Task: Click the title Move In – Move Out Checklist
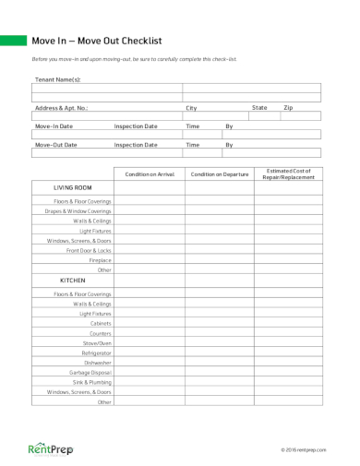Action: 97,41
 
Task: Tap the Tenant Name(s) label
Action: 57,79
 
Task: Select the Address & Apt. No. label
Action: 61,108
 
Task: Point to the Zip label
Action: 288,108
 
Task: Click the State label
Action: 259,108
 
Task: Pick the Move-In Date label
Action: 54,125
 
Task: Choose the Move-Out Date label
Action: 55,145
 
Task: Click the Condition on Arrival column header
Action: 150,173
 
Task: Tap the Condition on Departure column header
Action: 220,173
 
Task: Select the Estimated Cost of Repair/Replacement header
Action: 289,173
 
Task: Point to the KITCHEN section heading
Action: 73,280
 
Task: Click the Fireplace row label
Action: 100,260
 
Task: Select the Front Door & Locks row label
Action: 89,250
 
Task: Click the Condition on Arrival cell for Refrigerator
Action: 150,352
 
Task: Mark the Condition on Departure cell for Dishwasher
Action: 220,362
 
